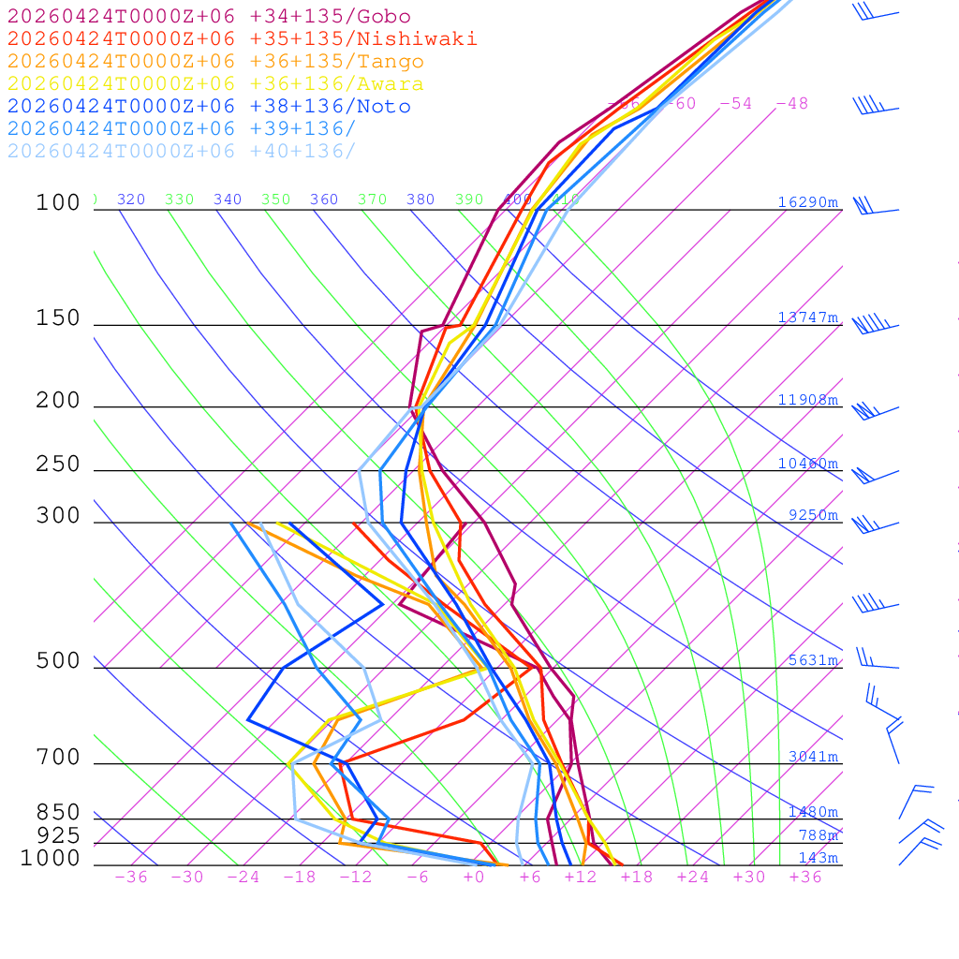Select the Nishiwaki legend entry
point(242,38)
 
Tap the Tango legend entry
point(215,62)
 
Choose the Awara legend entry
point(215,84)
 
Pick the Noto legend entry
point(209,107)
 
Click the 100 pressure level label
point(58,202)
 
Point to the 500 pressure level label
point(58,661)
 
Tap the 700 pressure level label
point(58,758)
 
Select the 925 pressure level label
point(58,835)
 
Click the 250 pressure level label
point(58,465)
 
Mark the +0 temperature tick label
point(473,877)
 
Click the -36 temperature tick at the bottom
point(130,877)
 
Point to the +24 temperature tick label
point(693,877)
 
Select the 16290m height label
point(807,202)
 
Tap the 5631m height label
point(812,660)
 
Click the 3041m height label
point(812,757)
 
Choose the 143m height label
point(818,858)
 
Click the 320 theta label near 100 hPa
point(130,199)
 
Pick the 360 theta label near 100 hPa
point(323,199)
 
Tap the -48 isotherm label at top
point(791,103)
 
